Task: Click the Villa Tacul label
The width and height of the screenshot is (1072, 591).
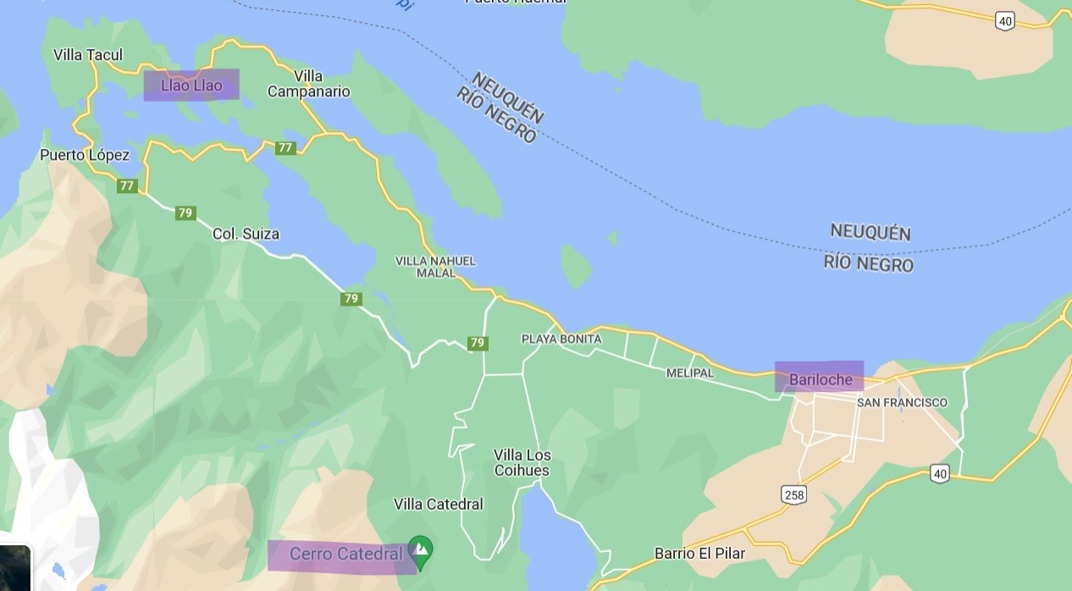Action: point(88,55)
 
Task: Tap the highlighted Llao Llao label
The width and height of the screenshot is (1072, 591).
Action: point(191,86)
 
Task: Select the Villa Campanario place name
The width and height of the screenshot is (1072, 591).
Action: point(308,84)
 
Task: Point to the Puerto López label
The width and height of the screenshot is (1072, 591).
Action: point(85,155)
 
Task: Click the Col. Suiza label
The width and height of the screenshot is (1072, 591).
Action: point(246,234)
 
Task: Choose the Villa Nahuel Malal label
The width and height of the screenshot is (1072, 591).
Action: point(435,267)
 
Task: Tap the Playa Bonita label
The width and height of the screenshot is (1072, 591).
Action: point(561,339)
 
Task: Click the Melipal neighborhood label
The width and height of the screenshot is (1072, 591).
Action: point(689,373)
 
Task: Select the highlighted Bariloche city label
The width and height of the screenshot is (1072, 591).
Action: point(820,379)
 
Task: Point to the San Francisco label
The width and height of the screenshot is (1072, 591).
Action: point(902,402)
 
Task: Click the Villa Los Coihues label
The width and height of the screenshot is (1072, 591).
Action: point(522,462)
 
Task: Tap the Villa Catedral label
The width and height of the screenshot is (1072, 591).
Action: point(438,505)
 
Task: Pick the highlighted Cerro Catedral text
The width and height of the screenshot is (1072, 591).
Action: point(345,555)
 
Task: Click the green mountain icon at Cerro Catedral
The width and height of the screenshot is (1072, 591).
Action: point(421,550)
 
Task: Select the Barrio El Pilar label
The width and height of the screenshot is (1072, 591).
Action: point(699,554)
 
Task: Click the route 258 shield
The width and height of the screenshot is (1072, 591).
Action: point(794,494)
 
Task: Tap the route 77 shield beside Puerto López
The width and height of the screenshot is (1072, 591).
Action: point(127,185)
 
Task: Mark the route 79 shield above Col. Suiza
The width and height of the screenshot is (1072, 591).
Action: point(185,213)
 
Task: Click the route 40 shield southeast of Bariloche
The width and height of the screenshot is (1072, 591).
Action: point(939,473)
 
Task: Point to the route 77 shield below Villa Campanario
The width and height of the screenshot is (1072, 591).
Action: point(285,148)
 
